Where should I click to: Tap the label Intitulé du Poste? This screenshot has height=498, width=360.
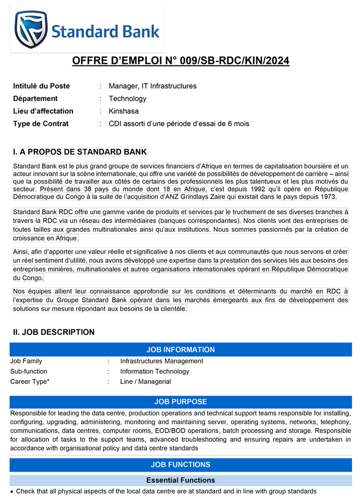(42, 86)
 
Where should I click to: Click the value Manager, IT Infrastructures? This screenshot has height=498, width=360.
(152, 86)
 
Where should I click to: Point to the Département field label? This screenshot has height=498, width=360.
(35, 99)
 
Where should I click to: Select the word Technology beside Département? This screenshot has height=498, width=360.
(128, 99)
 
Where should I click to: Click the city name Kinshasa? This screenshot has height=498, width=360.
(124, 111)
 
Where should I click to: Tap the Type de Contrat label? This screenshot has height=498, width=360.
(41, 124)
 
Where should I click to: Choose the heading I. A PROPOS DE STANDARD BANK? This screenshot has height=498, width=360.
(80, 152)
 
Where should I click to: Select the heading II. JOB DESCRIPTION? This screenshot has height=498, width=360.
(54, 332)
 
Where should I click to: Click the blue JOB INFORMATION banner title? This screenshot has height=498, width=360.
(180, 350)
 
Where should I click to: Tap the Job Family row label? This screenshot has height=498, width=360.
(26, 361)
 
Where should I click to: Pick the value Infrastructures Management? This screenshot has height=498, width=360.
(162, 361)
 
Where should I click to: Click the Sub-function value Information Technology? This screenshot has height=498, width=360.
(154, 371)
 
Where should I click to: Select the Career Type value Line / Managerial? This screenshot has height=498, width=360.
(145, 381)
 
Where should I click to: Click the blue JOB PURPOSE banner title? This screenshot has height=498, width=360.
(180, 402)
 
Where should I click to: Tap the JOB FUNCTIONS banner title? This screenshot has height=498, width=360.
(180, 465)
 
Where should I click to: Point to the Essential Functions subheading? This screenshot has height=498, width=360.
(180, 480)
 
